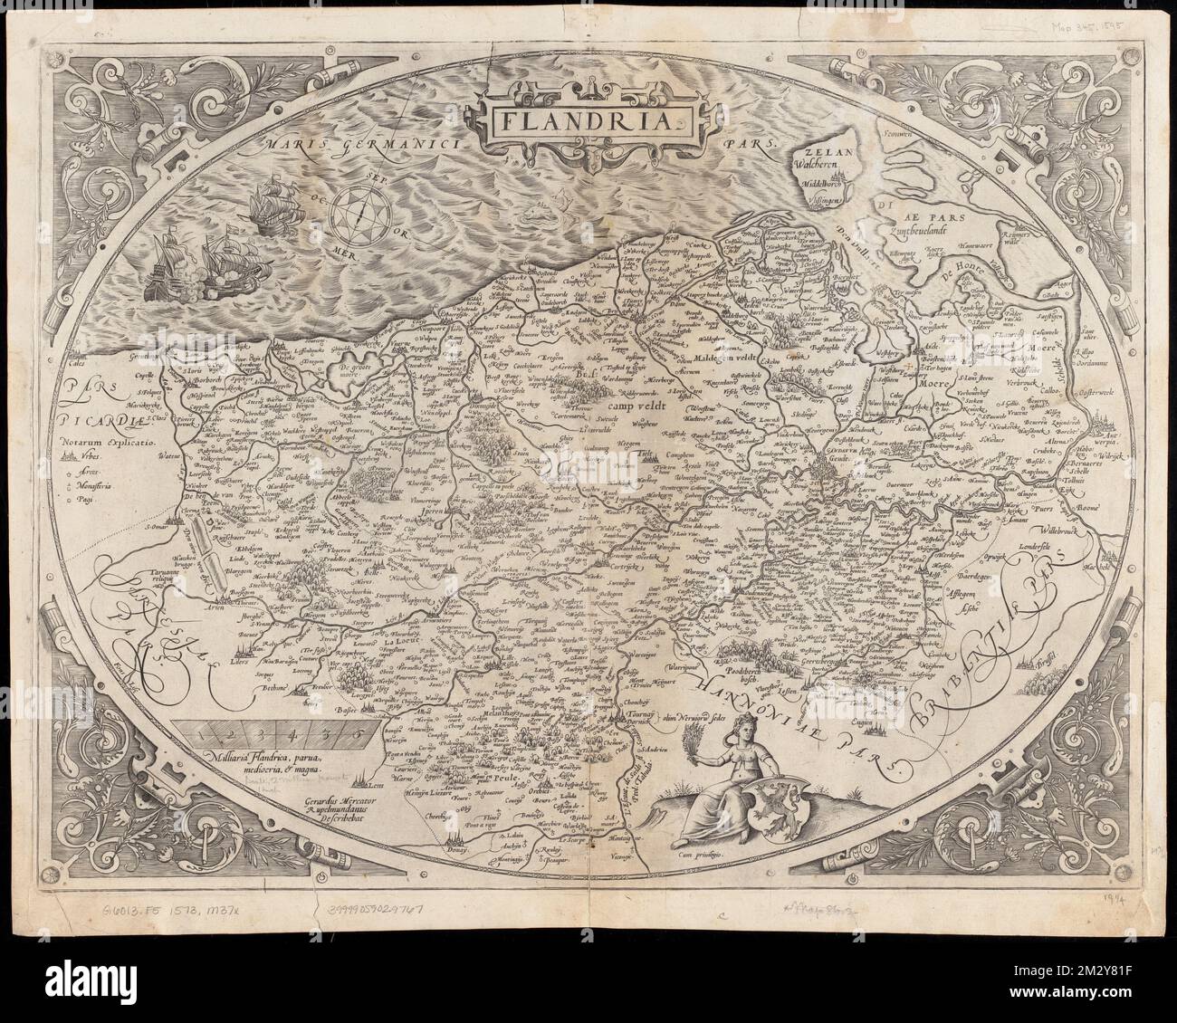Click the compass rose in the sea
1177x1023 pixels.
360,209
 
